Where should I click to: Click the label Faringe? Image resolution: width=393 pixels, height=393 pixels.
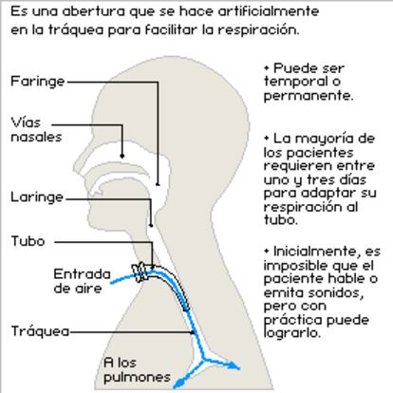point(38,82)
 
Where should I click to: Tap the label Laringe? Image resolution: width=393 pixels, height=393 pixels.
point(37,197)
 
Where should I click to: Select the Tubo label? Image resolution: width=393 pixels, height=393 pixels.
point(28,241)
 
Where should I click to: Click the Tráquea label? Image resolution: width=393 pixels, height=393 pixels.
point(41,331)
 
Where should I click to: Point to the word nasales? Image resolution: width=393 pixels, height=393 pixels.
point(36,137)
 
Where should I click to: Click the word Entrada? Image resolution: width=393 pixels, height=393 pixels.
point(82,274)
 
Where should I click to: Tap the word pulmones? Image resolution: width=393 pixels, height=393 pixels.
point(137,378)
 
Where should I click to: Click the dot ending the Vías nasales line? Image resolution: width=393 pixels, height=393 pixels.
point(122,156)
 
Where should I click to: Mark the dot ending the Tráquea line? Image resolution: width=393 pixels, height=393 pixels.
point(193,332)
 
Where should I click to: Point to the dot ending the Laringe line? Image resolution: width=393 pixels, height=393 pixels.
point(151,225)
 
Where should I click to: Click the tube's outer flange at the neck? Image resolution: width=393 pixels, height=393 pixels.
point(140,272)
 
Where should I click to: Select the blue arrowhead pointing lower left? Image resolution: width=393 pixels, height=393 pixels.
point(178,384)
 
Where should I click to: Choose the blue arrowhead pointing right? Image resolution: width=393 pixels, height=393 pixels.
point(234,365)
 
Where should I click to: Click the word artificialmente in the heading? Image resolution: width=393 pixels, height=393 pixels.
point(269,11)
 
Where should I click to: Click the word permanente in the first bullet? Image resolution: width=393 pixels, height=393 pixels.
point(309,96)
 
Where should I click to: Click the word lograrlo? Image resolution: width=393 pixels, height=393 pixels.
point(292,332)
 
